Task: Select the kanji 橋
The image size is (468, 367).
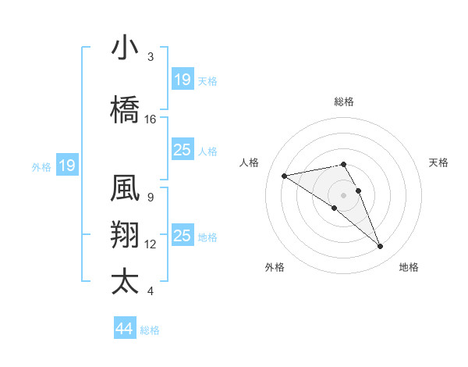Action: (x=126, y=109)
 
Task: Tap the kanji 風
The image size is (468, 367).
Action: (x=126, y=189)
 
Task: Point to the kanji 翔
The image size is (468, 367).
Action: (x=126, y=235)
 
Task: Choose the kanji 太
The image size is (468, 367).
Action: (x=126, y=281)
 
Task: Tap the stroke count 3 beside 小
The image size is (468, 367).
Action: (x=150, y=57)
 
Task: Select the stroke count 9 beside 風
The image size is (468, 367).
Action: (x=150, y=197)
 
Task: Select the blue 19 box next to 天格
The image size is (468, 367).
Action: (x=182, y=80)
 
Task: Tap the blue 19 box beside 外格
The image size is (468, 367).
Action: (x=66, y=166)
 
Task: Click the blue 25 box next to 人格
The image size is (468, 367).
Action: (x=182, y=150)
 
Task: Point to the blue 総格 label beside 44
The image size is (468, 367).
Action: (x=150, y=330)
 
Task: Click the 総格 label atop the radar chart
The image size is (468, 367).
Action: (x=343, y=102)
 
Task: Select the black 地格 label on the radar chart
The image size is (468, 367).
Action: (x=409, y=267)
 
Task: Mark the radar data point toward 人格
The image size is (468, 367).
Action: (x=285, y=175)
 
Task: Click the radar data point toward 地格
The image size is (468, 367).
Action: (x=380, y=247)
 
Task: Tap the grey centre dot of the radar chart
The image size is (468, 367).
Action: (x=343, y=194)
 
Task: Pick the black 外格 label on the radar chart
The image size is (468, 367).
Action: (x=275, y=267)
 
